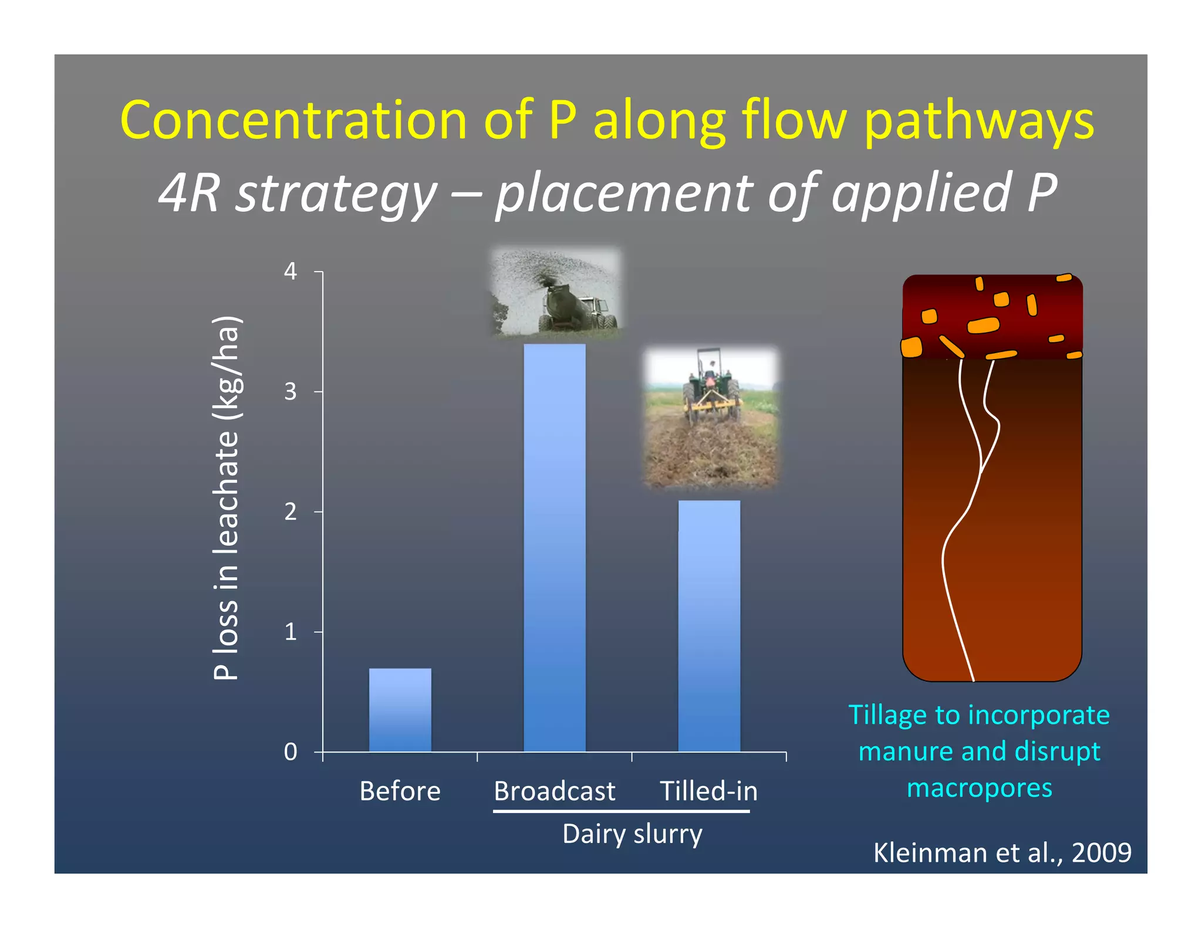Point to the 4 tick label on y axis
[x=291, y=272]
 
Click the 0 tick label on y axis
[x=291, y=752]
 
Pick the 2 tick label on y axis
[x=291, y=512]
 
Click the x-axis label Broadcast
[x=554, y=791]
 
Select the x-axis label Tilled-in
[x=708, y=791]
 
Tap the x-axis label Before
[x=400, y=791]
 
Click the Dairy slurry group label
[x=632, y=834]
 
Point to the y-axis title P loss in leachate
[x=226, y=498]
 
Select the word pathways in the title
[x=979, y=122]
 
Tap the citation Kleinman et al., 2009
[x=1002, y=852]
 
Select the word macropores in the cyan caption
[x=979, y=788]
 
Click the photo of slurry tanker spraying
[x=555, y=292]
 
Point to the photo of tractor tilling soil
[x=711, y=417]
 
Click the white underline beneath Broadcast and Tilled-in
[x=621, y=811]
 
